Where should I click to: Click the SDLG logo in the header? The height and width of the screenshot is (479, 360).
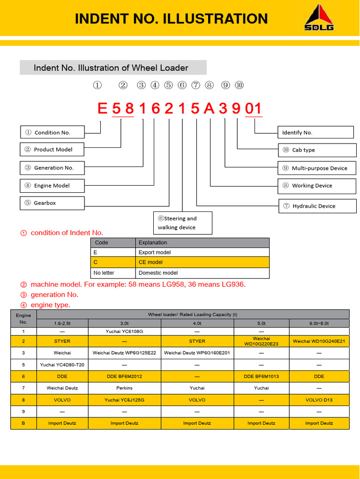320,18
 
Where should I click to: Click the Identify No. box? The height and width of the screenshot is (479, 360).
315,132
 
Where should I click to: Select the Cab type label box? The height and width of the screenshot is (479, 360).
317,150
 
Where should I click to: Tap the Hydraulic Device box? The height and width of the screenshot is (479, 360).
317,206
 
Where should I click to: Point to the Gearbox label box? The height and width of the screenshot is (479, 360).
52,203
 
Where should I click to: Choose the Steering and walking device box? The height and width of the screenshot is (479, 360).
183,223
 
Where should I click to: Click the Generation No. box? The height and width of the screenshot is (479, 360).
52,167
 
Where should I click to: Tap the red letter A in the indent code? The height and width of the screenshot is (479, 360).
209,109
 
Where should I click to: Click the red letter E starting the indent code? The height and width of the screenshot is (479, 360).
102,109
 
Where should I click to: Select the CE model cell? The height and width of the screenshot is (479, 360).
202,262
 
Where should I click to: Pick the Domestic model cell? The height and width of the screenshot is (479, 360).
202,273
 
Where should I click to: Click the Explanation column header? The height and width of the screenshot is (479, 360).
202,243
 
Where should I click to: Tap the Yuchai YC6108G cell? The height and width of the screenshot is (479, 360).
124,331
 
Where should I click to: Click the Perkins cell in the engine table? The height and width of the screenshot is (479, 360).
124,388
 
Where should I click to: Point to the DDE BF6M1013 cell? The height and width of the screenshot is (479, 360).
261,376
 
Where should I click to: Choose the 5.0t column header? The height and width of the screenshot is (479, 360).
261,323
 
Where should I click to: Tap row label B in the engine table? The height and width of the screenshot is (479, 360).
23,423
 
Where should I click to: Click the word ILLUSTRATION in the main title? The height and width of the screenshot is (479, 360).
215,19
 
